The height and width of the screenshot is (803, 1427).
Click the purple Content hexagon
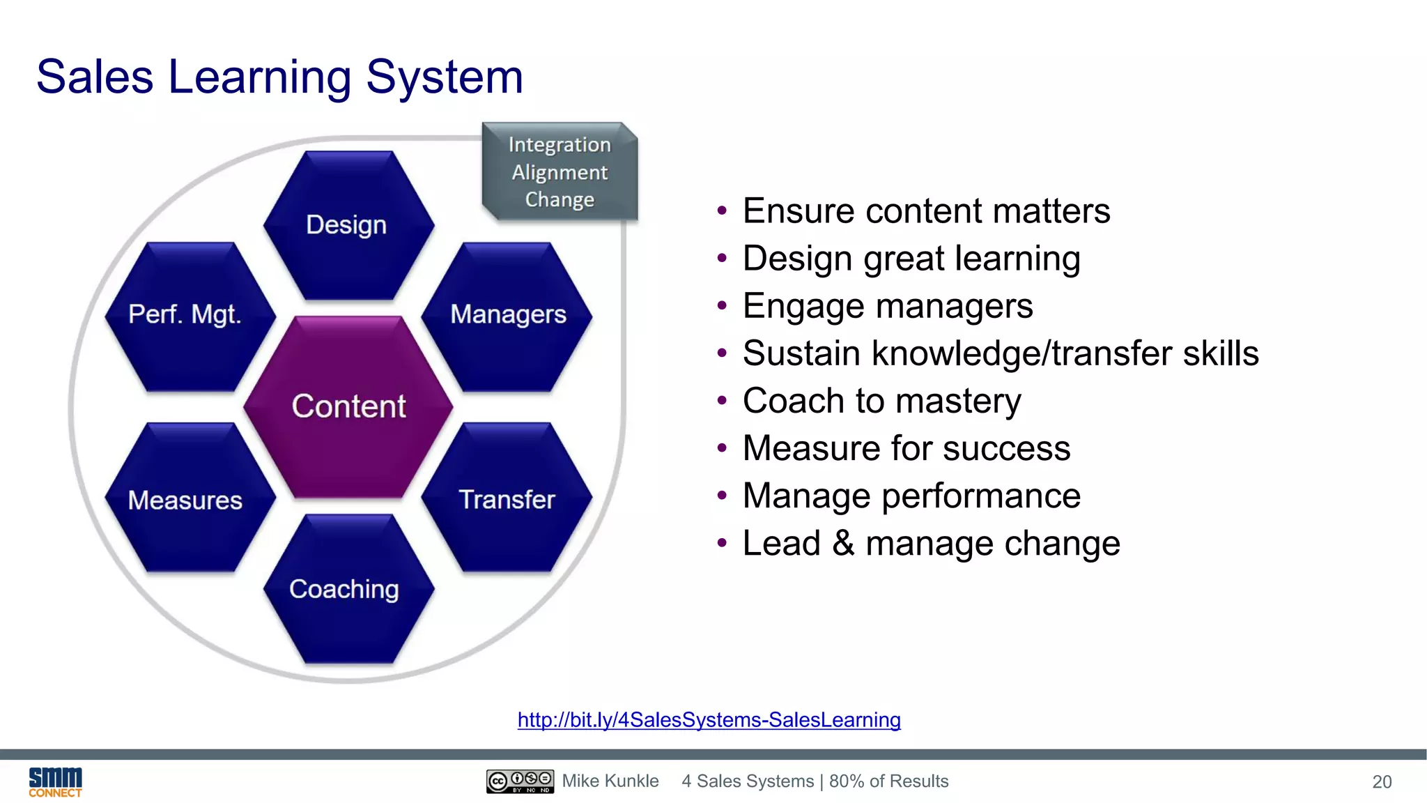click(348, 407)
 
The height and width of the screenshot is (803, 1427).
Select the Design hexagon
click(348, 225)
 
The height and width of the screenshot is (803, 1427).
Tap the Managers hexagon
click(507, 315)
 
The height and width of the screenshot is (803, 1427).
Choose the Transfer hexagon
click(507, 499)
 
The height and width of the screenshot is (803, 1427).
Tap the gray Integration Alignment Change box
click(560, 171)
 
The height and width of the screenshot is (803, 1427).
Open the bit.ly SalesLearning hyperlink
click(709, 719)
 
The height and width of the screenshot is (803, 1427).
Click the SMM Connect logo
click(55, 781)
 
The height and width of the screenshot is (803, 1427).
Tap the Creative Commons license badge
click(520, 781)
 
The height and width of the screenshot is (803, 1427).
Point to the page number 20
click(1382, 782)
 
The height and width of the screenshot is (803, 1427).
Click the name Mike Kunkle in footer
click(610, 781)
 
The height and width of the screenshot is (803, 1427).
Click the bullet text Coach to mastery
click(881, 401)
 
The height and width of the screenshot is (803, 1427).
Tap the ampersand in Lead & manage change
click(843, 543)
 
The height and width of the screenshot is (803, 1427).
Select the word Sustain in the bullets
click(801, 353)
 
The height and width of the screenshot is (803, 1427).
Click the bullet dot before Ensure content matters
click(722, 211)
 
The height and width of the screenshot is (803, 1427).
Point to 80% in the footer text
click(847, 781)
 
